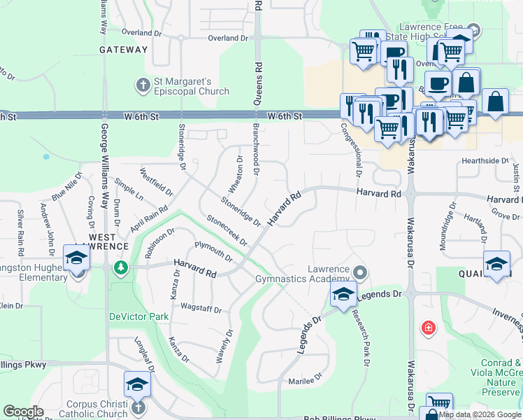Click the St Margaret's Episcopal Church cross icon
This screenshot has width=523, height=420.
pos(143,85)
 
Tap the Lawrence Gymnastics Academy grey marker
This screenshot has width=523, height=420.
pos(360,271)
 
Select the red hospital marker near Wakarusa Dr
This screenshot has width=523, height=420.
pos(428,328)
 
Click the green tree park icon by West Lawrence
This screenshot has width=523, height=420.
pos(121,267)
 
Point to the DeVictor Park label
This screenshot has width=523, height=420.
pos(138,316)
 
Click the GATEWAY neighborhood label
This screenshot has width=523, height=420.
pos(124,50)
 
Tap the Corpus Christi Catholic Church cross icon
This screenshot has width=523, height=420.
pos(138,407)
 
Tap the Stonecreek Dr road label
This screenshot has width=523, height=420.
pos(227,230)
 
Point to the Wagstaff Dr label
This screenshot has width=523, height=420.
pos(201,309)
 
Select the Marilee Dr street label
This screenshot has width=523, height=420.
pos(305,382)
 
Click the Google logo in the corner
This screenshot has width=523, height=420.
pos(23,412)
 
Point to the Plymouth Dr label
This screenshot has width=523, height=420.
pos(213,251)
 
